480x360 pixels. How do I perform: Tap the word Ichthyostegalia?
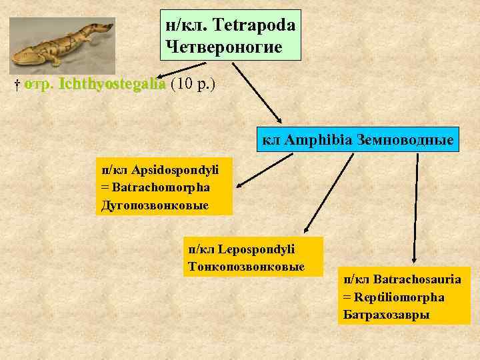coord(112,85)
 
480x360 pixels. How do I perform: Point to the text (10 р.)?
coord(193,85)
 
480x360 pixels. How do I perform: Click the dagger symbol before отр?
coord(18,85)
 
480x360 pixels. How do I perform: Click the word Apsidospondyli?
coord(176,169)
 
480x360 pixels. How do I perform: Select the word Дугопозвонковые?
coord(155,204)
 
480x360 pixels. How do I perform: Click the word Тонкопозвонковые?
coord(247,266)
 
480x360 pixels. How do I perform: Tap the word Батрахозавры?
coord(386,314)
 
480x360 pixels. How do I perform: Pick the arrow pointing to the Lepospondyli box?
coord(327,194)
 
